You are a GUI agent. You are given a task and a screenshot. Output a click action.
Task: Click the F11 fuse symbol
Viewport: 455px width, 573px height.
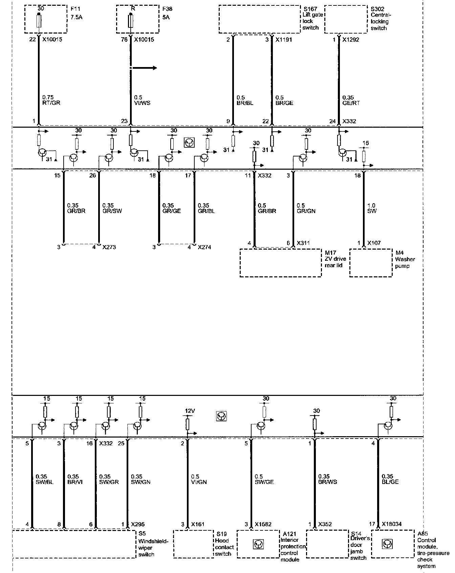(x=39, y=21)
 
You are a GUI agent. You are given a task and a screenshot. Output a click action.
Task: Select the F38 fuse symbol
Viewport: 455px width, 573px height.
(x=130, y=21)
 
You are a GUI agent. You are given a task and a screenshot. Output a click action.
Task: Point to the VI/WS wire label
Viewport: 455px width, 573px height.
(x=143, y=103)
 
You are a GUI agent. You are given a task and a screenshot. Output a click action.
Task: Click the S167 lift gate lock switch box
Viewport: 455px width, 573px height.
(x=259, y=19)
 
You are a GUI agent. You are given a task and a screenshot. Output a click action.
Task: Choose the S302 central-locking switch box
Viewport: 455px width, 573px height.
(x=346, y=19)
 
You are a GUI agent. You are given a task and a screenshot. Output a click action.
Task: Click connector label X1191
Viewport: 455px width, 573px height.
(x=283, y=40)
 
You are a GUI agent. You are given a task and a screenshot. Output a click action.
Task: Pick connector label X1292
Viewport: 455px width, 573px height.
(x=351, y=40)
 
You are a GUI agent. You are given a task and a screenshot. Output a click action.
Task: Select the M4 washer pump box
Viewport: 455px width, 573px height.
(x=371, y=263)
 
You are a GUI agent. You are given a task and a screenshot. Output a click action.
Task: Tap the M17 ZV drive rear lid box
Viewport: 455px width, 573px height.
(x=281, y=263)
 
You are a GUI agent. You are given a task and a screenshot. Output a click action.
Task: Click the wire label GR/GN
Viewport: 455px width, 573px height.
(x=306, y=211)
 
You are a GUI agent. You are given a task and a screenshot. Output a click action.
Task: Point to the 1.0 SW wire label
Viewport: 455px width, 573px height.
(x=372, y=208)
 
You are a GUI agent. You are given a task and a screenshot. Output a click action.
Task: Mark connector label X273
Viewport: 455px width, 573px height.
(x=109, y=247)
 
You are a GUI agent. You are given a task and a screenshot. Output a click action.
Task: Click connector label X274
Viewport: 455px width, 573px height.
(x=204, y=247)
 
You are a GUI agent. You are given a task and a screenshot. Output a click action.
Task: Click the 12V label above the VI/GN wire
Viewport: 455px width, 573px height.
(x=190, y=411)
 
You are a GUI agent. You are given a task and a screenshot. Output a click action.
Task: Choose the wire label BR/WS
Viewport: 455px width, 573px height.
(x=327, y=482)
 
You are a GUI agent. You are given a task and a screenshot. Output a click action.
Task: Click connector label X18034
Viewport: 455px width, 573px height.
(x=392, y=524)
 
